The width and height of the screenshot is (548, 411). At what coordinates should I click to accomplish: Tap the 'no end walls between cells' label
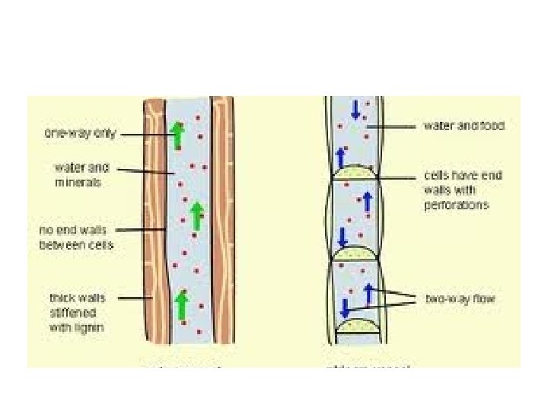pos(76,237)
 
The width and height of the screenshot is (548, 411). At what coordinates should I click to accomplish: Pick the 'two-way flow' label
pos(460,299)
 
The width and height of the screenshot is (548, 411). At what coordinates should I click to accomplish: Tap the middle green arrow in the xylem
pos(196,215)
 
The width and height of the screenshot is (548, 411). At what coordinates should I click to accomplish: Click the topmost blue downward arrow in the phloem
pos(355,110)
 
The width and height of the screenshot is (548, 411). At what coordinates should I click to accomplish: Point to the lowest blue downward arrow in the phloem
pos(344,308)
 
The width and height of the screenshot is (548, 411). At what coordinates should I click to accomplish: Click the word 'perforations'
pos(456,205)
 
